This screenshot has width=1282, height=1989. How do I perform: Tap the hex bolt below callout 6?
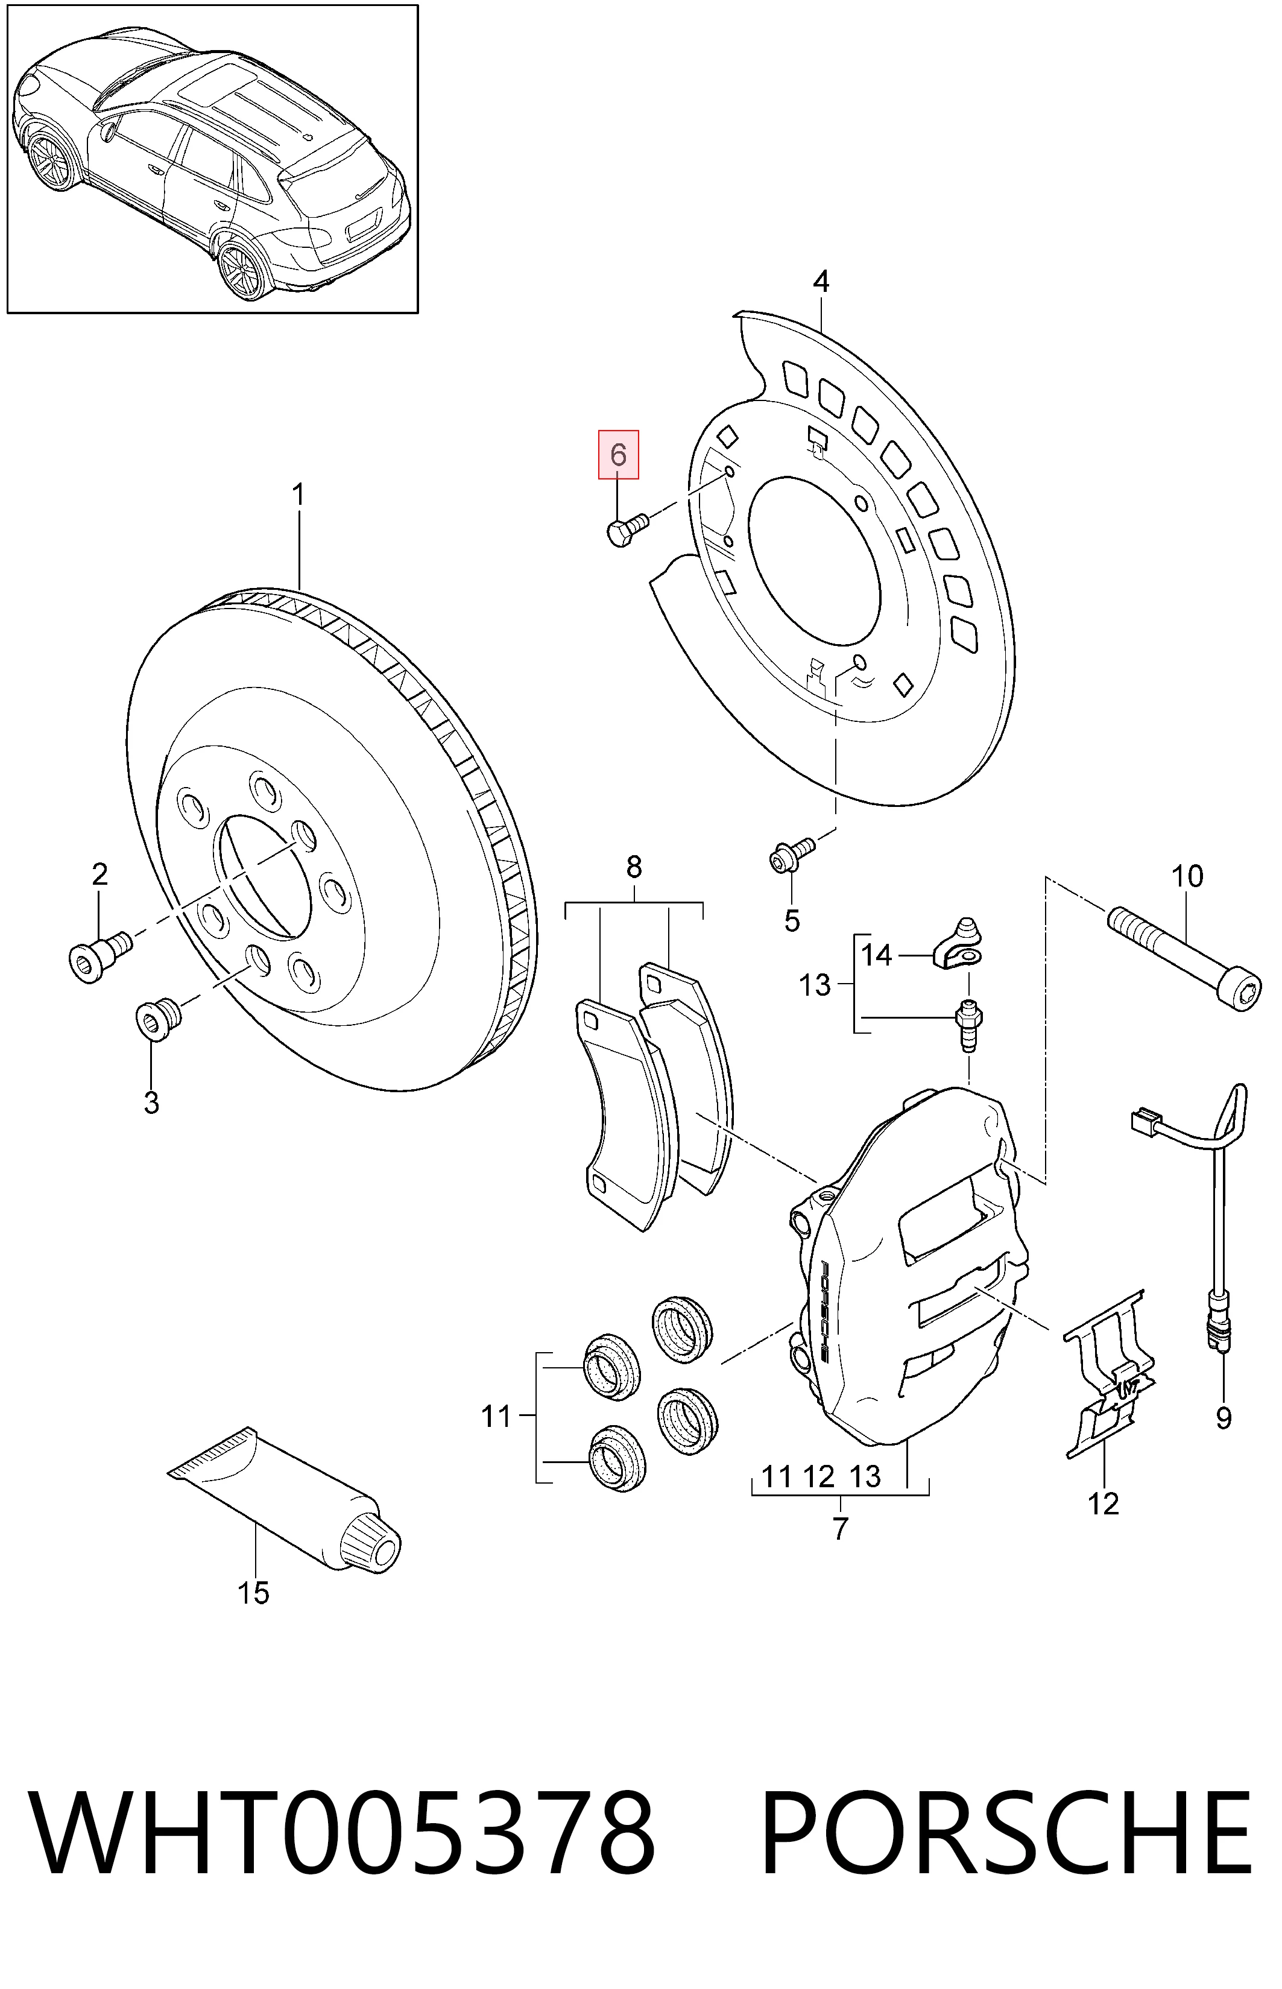pos(628,530)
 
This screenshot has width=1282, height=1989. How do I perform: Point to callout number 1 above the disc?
pos(297,496)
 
